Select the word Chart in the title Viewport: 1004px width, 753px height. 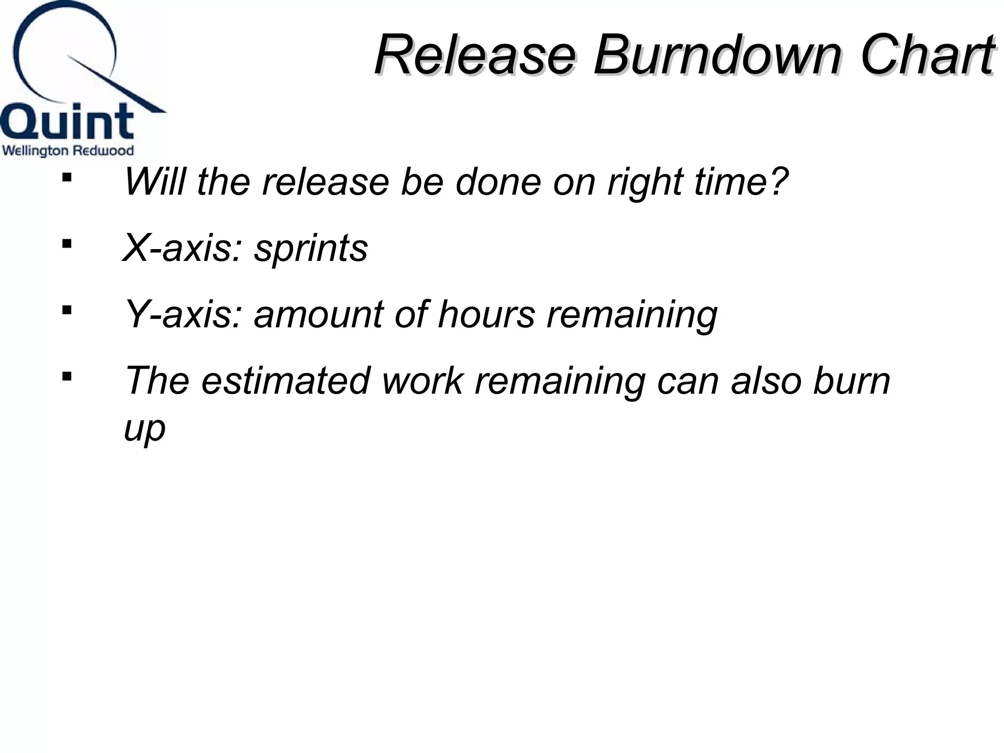927,55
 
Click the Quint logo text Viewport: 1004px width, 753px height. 67,122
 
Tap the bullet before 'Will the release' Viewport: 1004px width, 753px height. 67,177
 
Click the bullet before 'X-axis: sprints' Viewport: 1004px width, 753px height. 67,243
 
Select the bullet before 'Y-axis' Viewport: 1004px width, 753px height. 67,310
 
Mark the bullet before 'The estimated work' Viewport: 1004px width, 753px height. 67,376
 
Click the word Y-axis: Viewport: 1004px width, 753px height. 183,315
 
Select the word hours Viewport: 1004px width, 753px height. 486,315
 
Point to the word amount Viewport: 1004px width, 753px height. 319,315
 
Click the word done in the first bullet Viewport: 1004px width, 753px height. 498,182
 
